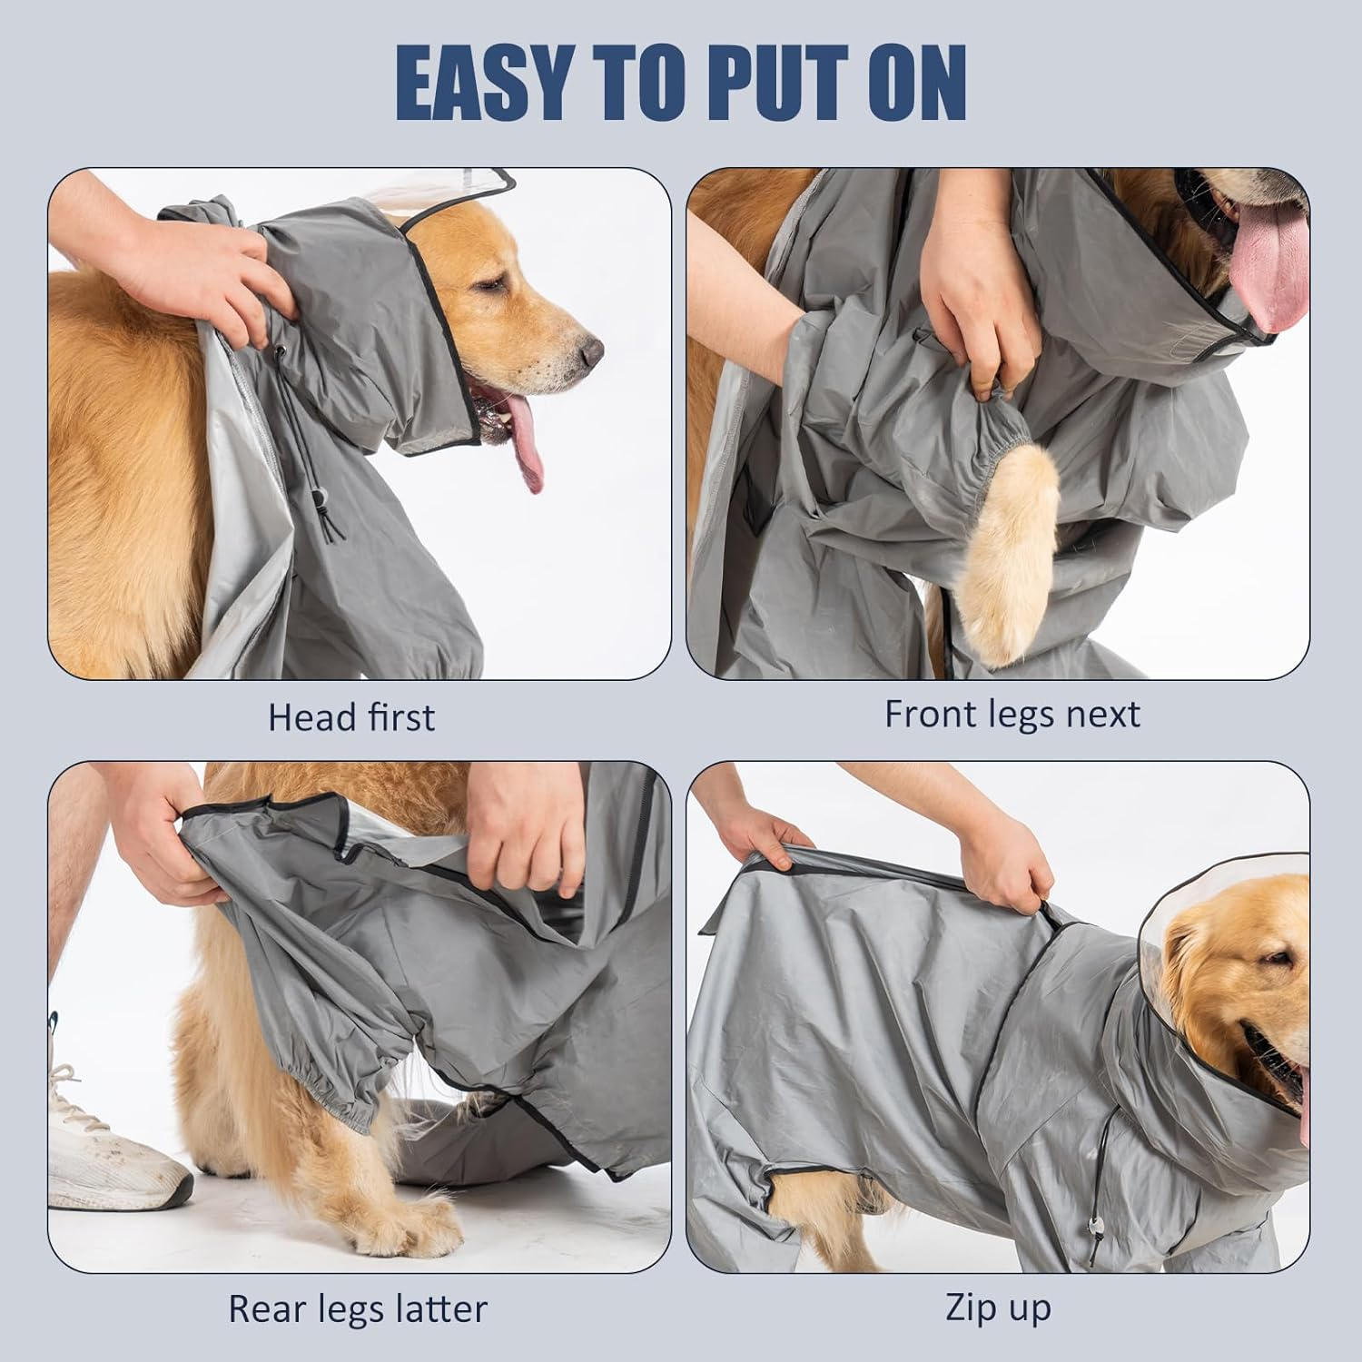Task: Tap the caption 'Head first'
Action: point(351,717)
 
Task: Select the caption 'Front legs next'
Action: point(1012,715)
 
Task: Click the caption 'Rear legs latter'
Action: point(357,1308)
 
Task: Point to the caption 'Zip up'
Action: point(998,1308)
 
